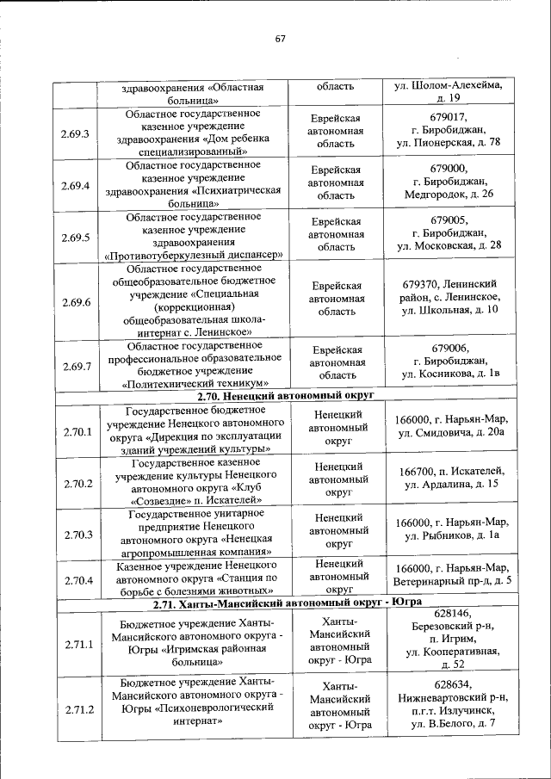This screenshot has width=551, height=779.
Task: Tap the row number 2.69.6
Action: [76, 302]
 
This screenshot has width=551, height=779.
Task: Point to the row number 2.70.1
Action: [77, 430]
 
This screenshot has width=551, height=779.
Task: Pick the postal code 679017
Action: [449, 116]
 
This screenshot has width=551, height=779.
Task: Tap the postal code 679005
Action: [449, 219]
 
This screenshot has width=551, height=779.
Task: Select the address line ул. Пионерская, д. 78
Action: [449, 143]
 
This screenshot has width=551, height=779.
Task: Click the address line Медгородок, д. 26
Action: [449, 195]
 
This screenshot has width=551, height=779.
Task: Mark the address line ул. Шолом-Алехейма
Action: [448, 86]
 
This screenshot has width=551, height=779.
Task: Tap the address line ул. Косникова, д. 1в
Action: [450, 374]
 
